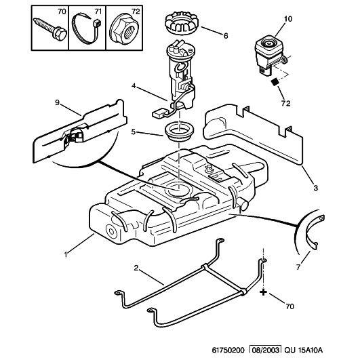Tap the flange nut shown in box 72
point(124,28)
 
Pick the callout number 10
point(288,19)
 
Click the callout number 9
point(57,102)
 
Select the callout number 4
point(134,86)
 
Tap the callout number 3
point(316,188)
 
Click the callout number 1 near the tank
point(66,254)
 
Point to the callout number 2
point(136,268)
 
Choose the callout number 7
point(298,267)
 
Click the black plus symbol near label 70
point(263,292)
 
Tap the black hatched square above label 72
point(275,82)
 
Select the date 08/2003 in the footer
point(265,350)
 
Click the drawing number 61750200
point(228,350)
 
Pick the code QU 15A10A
point(303,350)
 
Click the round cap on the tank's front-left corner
point(112,231)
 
